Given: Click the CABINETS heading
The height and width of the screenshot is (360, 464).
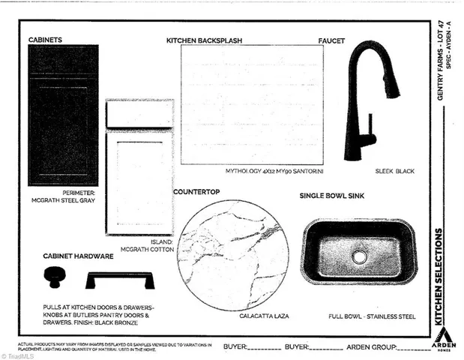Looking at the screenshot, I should coord(45,39).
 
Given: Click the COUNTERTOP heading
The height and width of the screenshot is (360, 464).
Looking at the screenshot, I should coord(196,192).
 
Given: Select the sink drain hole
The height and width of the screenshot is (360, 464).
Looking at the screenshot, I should coord(360,256).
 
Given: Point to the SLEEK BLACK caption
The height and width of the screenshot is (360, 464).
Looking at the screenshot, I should coord(394,171).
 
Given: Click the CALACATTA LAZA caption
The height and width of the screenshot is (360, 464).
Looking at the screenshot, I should coord(243,316).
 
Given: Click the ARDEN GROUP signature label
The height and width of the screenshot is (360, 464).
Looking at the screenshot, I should coord(369,347).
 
